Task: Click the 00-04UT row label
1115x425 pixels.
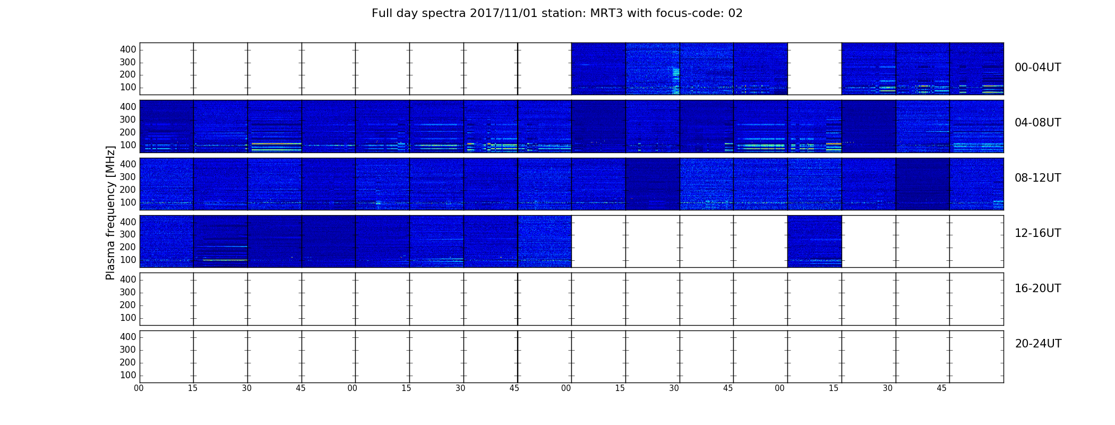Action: [1037, 67]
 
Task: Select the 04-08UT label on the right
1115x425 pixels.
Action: [1037, 123]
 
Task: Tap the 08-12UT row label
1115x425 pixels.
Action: [1037, 178]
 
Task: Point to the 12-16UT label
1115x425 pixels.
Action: [1037, 233]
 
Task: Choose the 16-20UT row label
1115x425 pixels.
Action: [1037, 288]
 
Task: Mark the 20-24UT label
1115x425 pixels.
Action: [1038, 344]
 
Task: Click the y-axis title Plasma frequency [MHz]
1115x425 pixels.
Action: [110, 212]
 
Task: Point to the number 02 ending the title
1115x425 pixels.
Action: [735, 13]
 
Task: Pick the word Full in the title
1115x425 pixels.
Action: [382, 13]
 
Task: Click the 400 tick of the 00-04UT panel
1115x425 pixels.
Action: [128, 49]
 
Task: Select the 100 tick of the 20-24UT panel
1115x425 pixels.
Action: [128, 375]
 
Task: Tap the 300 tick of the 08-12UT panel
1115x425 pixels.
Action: [128, 177]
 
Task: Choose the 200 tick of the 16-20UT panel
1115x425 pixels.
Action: [128, 305]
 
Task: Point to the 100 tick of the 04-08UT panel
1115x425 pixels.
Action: [128, 145]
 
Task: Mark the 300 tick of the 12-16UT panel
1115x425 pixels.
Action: [128, 234]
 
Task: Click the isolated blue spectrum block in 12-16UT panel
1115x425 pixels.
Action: [814, 241]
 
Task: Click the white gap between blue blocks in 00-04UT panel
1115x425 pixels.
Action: [814, 69]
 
